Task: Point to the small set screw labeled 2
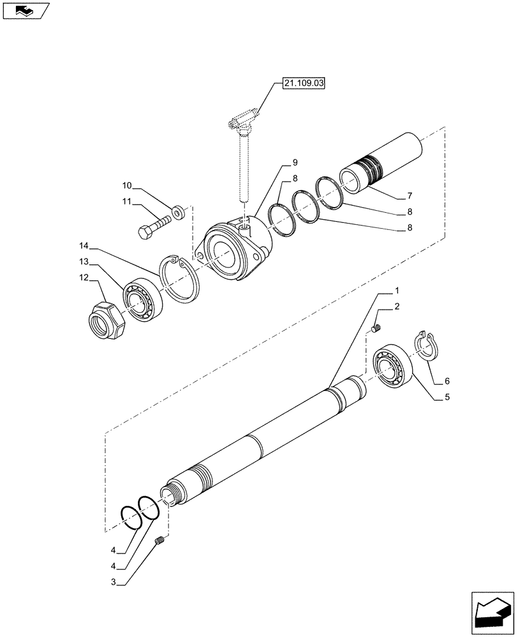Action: [x=376, y=328]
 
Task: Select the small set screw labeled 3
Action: [x=160, y=541]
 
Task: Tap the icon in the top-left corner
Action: [x=25, y=11]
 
